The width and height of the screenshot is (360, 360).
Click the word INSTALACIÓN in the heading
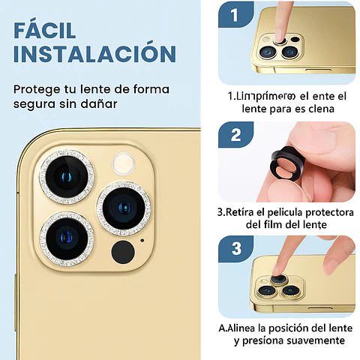coord(94,55)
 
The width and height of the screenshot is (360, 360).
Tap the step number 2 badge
coord(235,136)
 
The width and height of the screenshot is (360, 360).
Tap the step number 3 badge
coord(235,248)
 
